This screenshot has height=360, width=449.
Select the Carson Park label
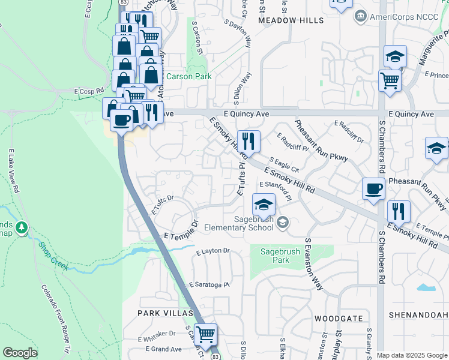188,77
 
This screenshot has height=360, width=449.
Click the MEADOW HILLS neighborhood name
291,20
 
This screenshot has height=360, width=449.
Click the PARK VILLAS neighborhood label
165,313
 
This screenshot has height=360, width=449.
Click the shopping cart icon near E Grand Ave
206,334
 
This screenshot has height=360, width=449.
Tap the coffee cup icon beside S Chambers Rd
373,189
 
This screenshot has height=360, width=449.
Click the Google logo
20,353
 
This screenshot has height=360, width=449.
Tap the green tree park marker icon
22,228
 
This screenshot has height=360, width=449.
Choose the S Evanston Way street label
314,264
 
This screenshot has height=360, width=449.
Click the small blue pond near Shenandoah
426,287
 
